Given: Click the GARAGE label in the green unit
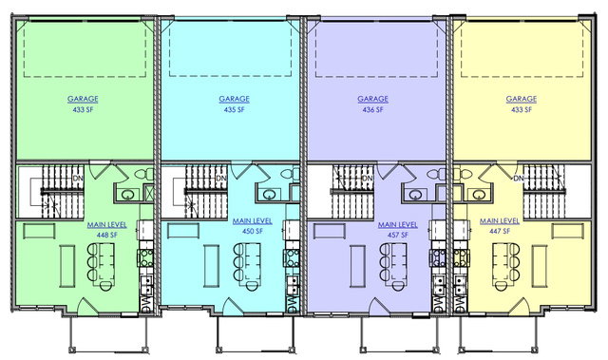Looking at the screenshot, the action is coord(83,99).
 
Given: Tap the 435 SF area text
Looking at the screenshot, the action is coord(235,109).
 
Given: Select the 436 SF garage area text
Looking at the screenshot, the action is coord(372,109).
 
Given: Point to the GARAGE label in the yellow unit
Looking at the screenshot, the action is coord(522,99).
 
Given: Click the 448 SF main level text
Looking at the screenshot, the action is coord(107,235).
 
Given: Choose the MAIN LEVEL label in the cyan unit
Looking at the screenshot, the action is coord(253,221).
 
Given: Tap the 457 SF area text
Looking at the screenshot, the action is coord(398,235).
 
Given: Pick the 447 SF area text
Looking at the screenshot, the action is coord(500,232).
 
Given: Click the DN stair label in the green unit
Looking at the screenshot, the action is coord(78,178).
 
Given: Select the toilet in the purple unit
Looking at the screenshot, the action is coord(437,174).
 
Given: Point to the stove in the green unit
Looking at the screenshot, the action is coord(146,257).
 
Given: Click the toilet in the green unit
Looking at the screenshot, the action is coord(144,174).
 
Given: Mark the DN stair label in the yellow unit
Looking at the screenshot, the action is coord(519,178).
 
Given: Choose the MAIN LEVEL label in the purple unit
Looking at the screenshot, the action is coord(398,225).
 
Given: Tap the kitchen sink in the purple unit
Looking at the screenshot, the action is coord(439,284).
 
